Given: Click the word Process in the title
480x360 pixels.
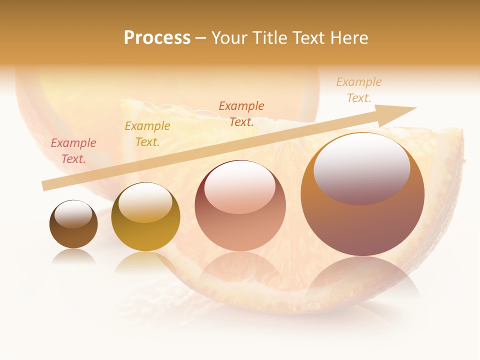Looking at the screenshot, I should click(157, 38).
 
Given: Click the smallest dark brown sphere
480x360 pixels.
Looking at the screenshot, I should click(73, 224).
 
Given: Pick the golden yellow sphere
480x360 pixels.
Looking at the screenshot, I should click(145, 217).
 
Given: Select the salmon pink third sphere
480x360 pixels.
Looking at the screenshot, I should click(240, 205).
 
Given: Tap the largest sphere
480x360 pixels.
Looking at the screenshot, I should click(362, 194).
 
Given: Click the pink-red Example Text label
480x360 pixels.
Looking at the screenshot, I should click(73, 151).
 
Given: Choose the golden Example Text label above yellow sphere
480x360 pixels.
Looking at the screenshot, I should click(147, 134).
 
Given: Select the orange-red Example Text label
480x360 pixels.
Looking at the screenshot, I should click(241, 113).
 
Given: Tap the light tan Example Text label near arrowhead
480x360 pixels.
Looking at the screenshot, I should click(359, 90).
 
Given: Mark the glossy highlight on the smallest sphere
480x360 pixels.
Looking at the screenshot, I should click(73, 214).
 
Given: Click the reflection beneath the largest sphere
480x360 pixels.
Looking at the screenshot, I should click(362, 280).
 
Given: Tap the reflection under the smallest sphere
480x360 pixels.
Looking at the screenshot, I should click(73, 256).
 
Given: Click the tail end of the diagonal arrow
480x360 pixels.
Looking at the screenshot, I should click(45, 186).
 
